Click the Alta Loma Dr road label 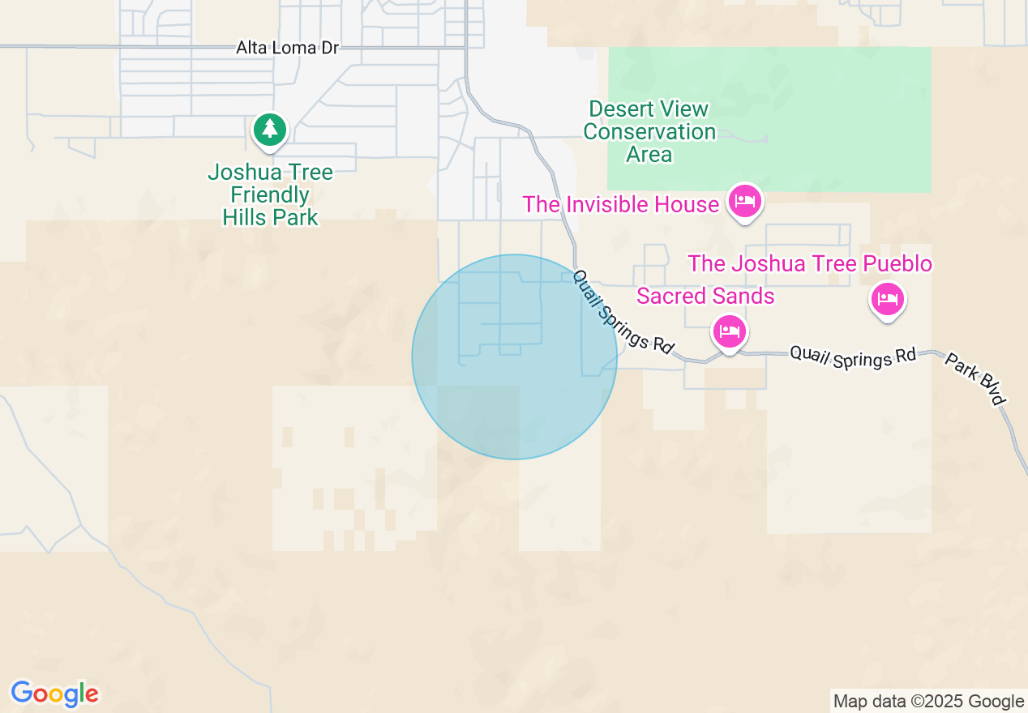coord(287,48)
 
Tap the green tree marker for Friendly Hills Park coord(270,130)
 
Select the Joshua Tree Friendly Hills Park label coord(270,194)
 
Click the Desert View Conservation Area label coord(649,131)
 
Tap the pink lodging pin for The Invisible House coord(744,200)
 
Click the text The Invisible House coord(620,204)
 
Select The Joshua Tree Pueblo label coord(810,264)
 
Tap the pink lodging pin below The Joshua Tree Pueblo coord(888,300)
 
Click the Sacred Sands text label coord(705,297)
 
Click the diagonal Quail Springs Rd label coord(623,311)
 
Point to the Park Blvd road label coord(975,378)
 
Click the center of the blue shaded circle coord(514,356)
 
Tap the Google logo coord(54,694)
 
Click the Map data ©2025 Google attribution coord(928,702)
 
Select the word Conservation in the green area coord(649,131)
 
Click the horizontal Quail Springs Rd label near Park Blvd coord(852,356)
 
